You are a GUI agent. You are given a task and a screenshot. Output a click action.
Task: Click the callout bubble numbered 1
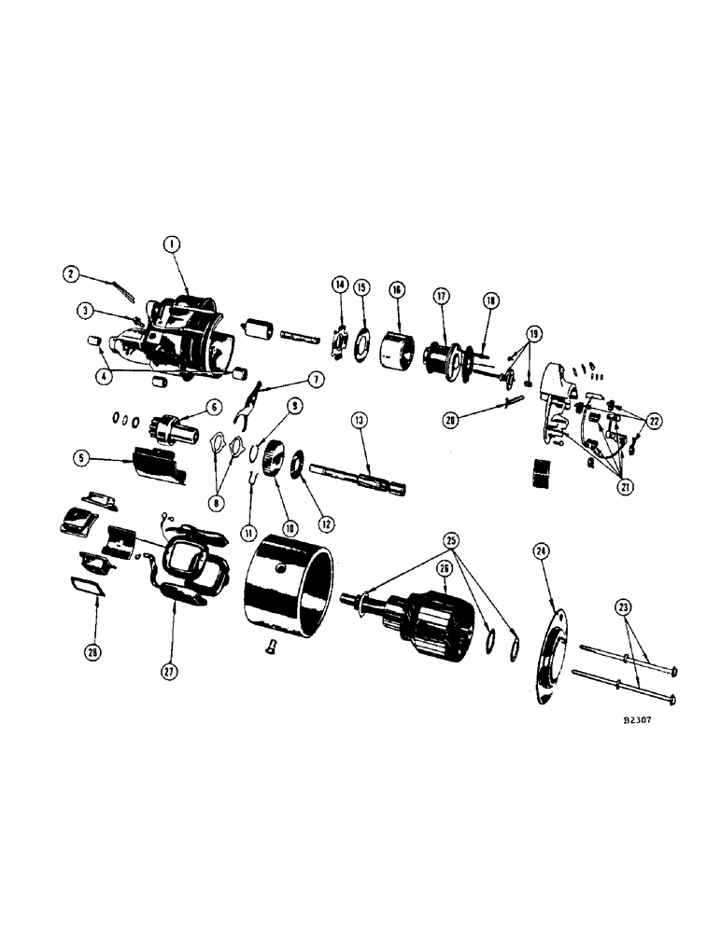pos(171,244)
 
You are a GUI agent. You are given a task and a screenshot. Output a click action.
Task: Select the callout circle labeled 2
pos(70,274)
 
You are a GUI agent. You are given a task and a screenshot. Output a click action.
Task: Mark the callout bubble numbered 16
pos(398,290)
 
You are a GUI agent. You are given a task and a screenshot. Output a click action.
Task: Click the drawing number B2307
pos(647,721)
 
